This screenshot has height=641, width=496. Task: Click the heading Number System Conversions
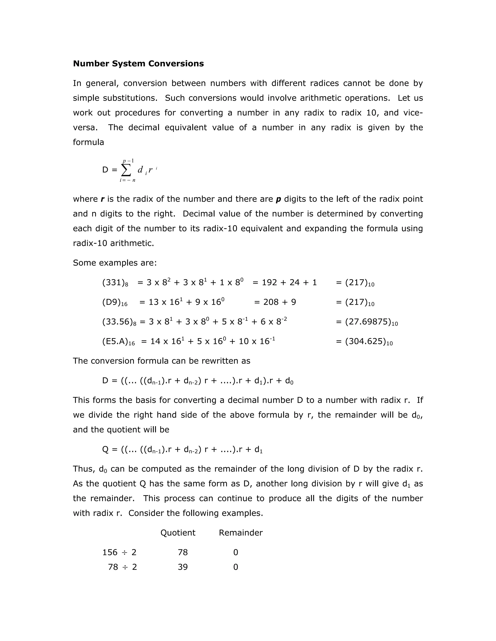(138, 64)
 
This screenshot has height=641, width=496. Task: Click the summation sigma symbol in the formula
(126, 170)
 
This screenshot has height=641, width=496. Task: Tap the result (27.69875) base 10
(367, 322)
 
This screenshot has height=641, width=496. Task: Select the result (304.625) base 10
(364, 342)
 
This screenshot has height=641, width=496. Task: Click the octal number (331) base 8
(115, 283)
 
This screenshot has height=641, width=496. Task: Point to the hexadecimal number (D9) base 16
(115, 302)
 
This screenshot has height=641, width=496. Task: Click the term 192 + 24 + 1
(285, 283)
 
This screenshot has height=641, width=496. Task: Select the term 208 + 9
(275, 302)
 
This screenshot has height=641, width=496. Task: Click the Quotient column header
(178, 533)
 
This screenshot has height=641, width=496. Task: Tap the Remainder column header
(241, 533)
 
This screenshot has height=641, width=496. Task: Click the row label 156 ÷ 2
(119, 552)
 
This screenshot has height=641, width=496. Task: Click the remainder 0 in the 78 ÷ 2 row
(235, 567)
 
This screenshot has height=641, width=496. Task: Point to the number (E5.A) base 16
(118, 342)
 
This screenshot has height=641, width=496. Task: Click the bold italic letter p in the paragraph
(278, 199)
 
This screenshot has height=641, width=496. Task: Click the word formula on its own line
(88, 142)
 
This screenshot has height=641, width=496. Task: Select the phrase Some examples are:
(115, 263)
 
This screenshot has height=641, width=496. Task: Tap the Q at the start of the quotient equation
(105, 449)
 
